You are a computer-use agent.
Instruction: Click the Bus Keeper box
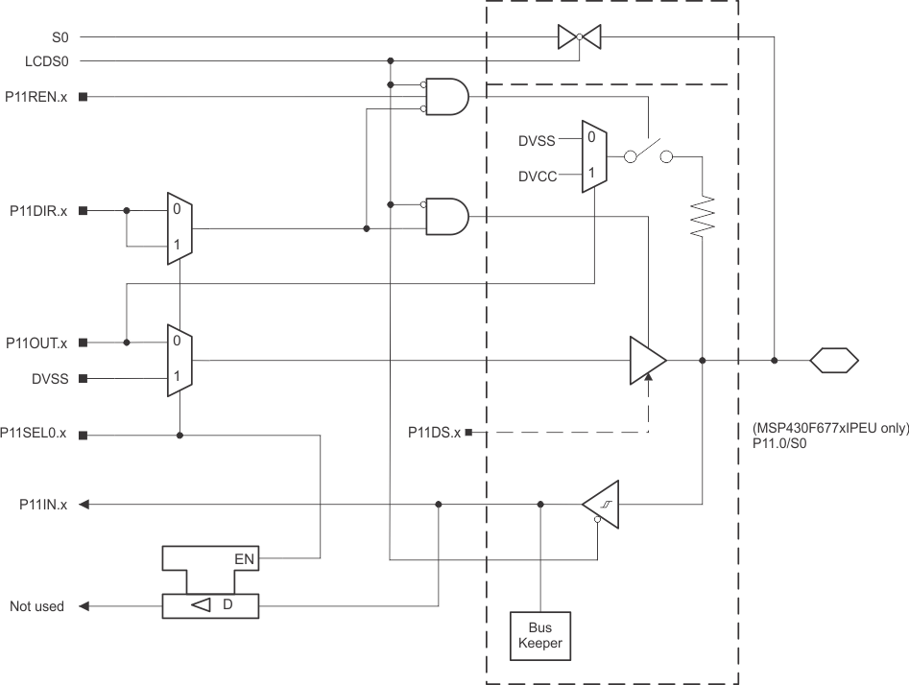coord(540,636)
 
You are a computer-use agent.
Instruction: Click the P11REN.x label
coord(36,97)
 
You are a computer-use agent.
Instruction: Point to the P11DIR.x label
coord(38,210)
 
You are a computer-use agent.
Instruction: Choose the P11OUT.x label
coord(36,342)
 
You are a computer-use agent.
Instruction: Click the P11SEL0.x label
coord(35,434)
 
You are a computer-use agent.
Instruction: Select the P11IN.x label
coord(42,504)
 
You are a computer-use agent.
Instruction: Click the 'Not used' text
coord(36,606)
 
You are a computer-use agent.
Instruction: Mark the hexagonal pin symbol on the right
coord(833,361)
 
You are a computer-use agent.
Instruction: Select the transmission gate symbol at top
coord(579,37)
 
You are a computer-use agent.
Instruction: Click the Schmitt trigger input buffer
coord(601,504)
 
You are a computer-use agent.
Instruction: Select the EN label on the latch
coord(245,557)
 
